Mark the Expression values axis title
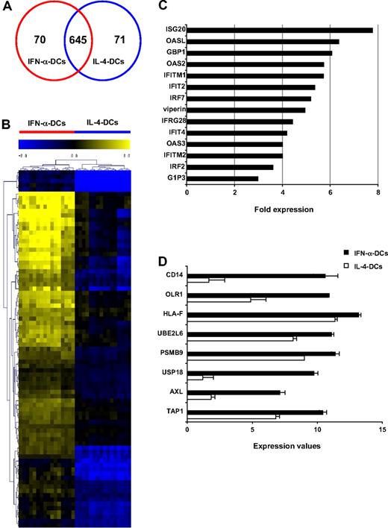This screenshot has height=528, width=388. point(284,445)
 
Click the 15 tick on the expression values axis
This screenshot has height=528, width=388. point(382,430)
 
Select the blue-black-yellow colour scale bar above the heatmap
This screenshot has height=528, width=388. point(75,142)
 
